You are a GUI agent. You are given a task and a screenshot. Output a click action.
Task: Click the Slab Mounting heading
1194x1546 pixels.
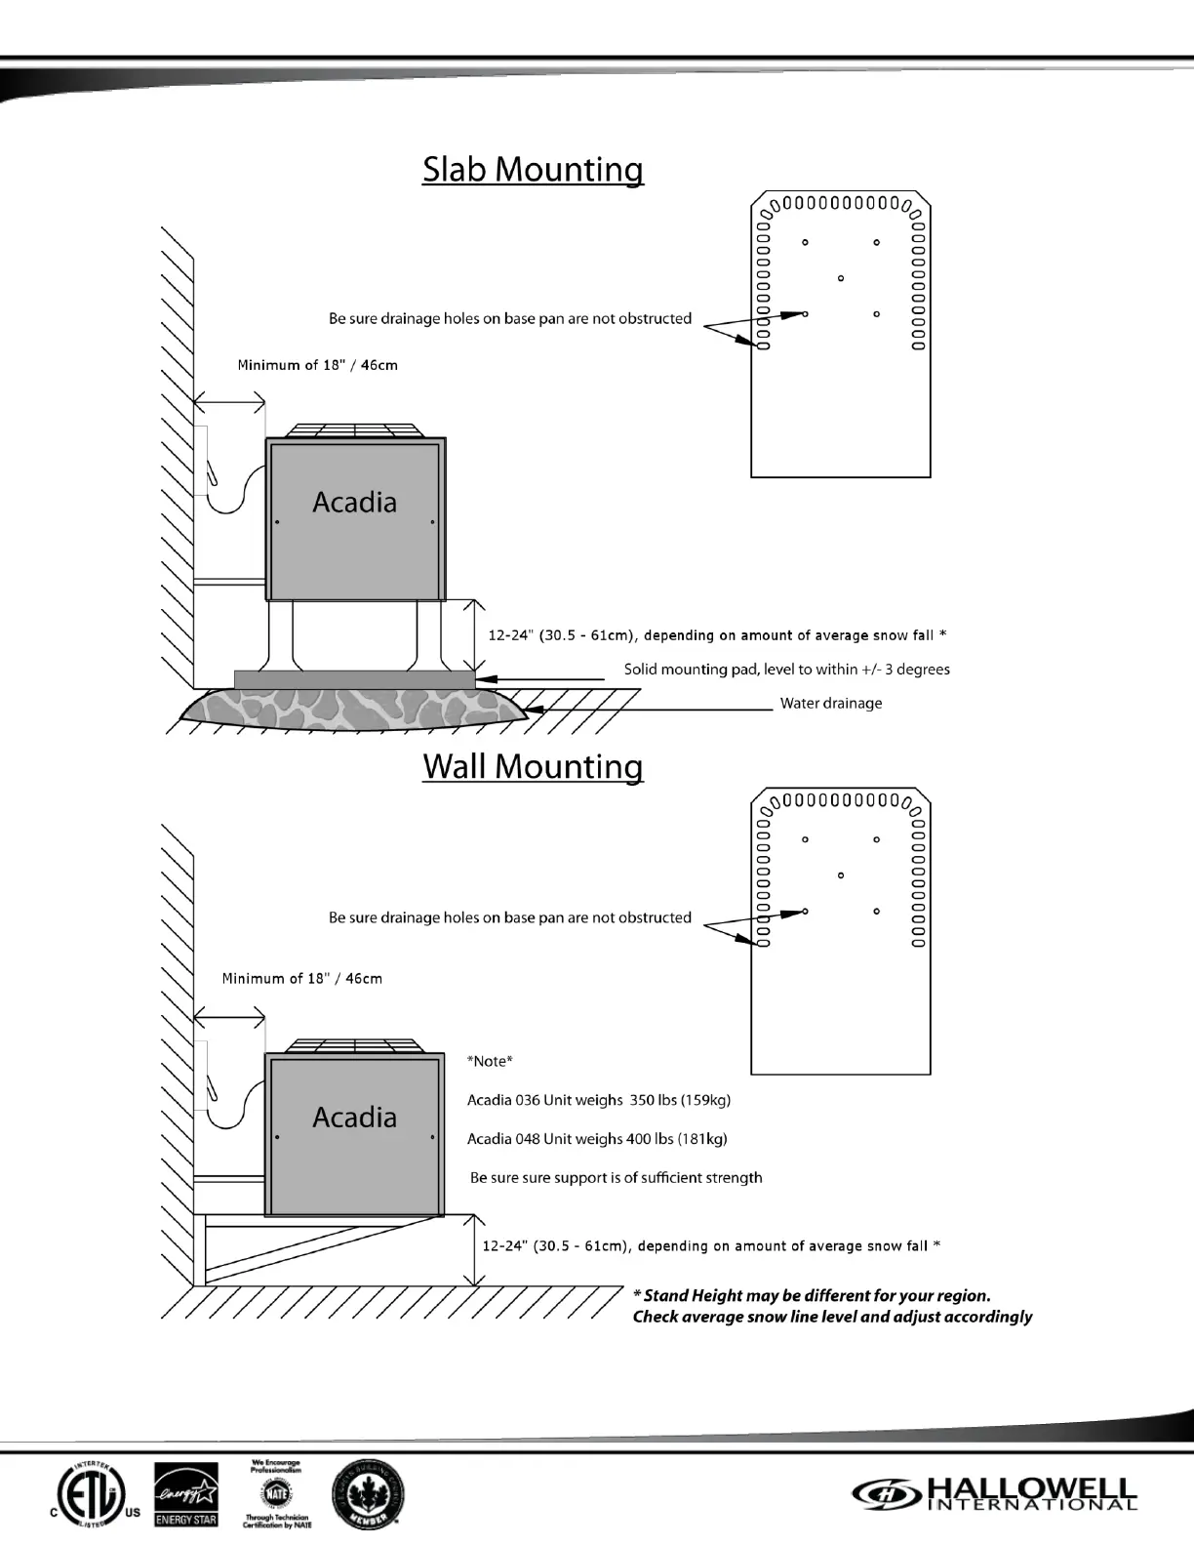533,170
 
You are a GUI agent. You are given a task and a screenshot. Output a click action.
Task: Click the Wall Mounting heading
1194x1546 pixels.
533,766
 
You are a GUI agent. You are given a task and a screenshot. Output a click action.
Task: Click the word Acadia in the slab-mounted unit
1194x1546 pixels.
354,503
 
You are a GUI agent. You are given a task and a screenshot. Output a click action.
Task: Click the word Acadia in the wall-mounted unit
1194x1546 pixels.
354,1118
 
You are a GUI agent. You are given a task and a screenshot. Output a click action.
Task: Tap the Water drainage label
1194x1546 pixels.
830,704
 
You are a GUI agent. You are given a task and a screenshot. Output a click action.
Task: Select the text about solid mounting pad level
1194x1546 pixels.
786,670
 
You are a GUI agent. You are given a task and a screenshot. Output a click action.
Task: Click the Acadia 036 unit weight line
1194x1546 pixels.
598,1100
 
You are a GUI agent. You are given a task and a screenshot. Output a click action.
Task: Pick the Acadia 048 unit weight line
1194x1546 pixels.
596,1139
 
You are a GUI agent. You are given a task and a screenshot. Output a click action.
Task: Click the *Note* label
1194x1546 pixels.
490,1061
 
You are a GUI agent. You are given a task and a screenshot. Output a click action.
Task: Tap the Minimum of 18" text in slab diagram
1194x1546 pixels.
317,365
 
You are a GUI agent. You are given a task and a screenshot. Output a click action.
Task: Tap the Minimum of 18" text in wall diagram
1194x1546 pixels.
301,978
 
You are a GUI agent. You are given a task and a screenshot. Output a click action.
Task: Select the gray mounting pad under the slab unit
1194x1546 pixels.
354,678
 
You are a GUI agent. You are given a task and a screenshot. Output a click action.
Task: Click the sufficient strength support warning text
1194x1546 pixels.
616,1178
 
